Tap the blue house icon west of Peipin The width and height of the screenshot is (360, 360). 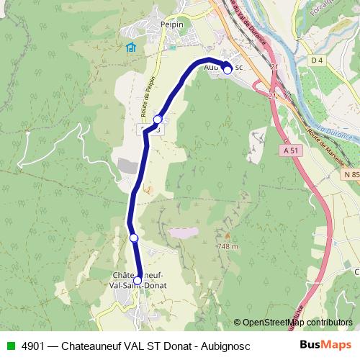coord(130,48)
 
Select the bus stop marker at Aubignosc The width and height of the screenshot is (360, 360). coord(227,70)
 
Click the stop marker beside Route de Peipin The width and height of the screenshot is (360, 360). coord(158,120)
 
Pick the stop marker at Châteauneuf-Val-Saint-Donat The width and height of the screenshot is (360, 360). coord(138,281)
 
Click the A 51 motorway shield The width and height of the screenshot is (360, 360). coord(290,150)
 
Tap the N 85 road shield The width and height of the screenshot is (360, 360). coord(351,175)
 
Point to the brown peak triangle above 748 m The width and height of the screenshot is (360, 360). coord(227,235)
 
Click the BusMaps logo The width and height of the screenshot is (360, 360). coord(325,345)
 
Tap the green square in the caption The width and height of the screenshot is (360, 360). coord(9,346)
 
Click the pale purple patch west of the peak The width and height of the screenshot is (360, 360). coord(183,233)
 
